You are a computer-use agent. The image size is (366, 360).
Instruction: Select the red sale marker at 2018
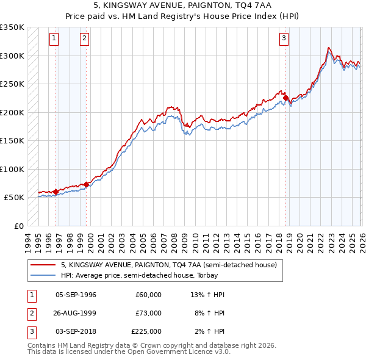click(285, 98)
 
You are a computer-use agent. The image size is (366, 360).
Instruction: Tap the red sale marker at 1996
click(56, 192)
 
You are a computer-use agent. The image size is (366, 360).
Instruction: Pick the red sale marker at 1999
click(86, 184)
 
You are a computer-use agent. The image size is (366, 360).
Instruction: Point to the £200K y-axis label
click(12, 112)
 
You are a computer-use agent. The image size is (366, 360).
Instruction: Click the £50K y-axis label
click(15, 198)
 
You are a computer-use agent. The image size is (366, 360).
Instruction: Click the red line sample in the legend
click(44, 265)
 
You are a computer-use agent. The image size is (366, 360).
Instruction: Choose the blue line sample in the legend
click(44, 275)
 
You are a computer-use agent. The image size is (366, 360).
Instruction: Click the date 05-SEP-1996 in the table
click(76, 295)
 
